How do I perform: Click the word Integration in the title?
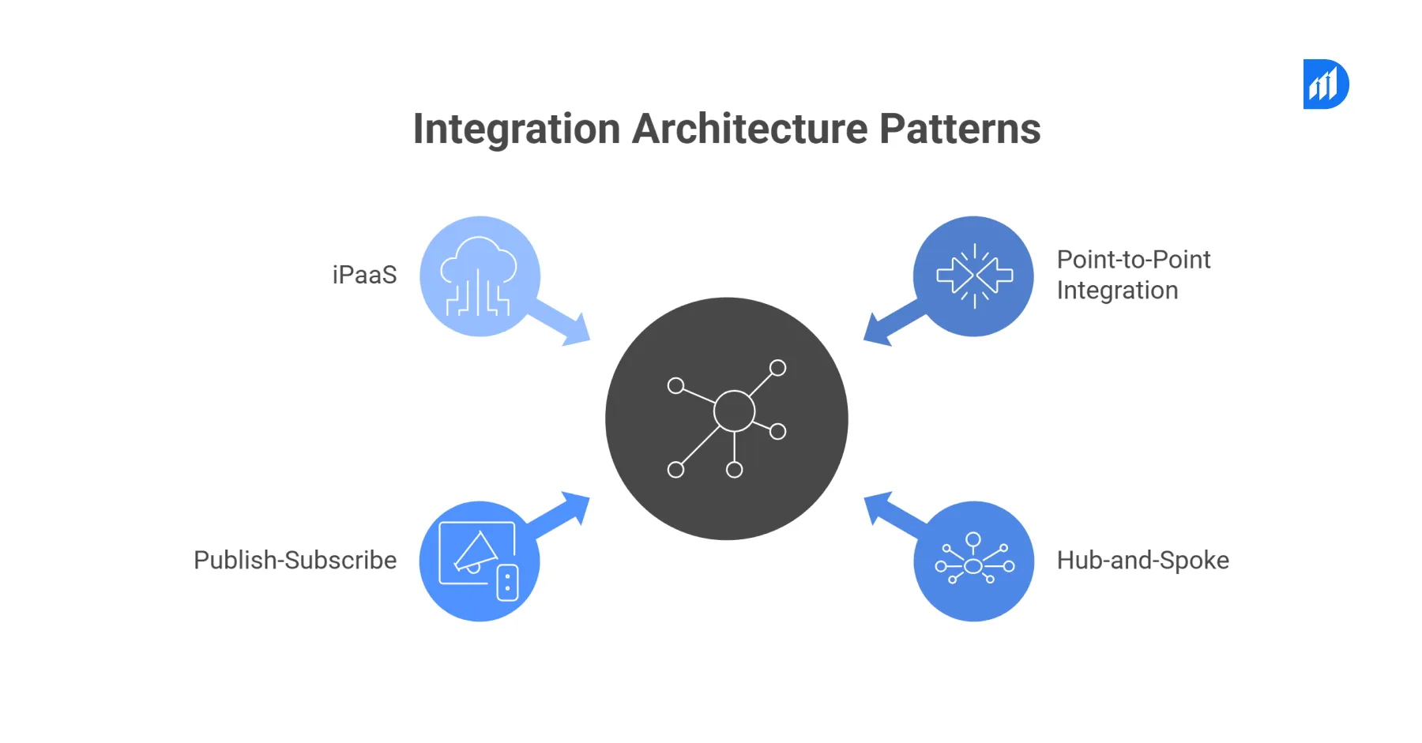click(517, 129)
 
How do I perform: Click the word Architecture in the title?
click(749, 129)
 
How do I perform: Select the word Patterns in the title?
click(960, 129)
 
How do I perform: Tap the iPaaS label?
click(364, 275)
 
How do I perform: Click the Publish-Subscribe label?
click(295, 560)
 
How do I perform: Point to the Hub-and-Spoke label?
click(1142, 560)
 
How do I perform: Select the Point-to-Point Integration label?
click(1133, 275)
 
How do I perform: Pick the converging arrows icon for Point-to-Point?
click(974, 276)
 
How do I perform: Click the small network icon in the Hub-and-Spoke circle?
click(974, 560)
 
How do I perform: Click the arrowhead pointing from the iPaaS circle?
click(577, 331)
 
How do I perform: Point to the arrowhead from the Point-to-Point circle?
click(877, 330)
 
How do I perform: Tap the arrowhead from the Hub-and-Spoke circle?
click(877, 507)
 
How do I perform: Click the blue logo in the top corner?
click(1326, 84)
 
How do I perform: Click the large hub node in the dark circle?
click(734, 411)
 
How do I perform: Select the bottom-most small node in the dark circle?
click(734, 471)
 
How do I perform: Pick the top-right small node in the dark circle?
click(778, 368)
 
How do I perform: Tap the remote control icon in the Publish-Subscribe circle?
click(507, 583)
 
